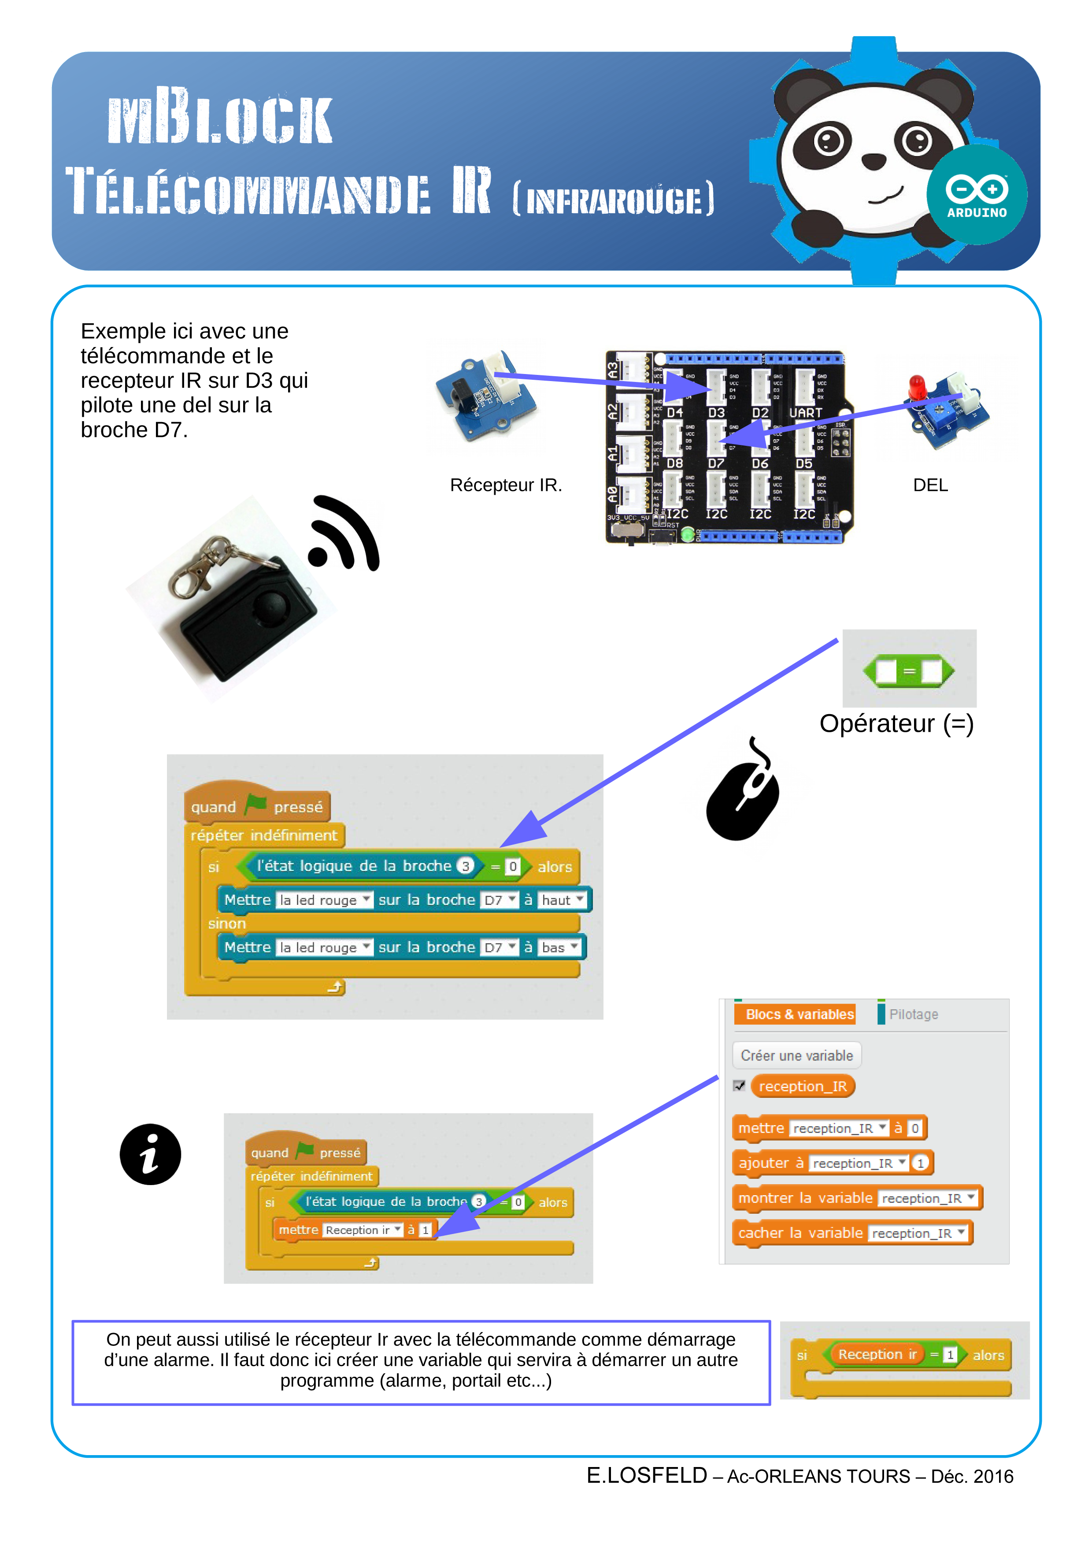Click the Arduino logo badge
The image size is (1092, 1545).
click(x=976, y=194)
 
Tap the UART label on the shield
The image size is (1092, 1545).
click(x=805, y=412)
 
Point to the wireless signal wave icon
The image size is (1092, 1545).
click(x=344, y=535)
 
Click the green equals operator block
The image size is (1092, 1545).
click(x=908, y=671)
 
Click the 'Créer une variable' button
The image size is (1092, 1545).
click(x=796, y=1055)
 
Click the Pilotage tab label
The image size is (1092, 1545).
click(x=913, y=1014)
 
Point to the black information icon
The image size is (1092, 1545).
click(x=150, y=1154)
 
